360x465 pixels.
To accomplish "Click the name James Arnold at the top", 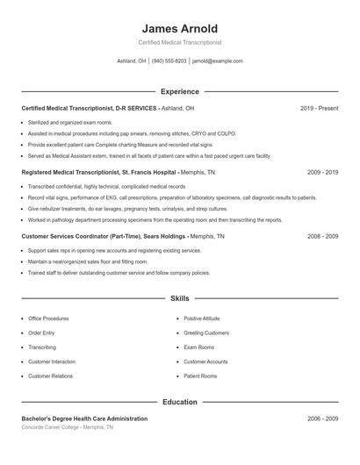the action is [x=179, y=28].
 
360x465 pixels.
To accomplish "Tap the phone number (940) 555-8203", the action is [x=169, y=61].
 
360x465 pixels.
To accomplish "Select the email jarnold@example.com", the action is [x=217, y=61].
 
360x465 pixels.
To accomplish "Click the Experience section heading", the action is [x=179, y=91].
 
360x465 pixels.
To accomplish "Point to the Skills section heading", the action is [x=179, y=299].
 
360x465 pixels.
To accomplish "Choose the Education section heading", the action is [x=179, y=403].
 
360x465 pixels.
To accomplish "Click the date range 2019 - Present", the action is [x=319, y=108].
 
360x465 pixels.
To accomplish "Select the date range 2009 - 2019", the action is [x=322, y=173].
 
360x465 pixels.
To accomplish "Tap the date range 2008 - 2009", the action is [x=322, y=237].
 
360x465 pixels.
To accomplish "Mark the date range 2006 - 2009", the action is [x=322, y=419].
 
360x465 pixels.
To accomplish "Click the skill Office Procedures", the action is [x=48, y=318].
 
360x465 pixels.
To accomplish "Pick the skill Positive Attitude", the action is [x=202, y=318].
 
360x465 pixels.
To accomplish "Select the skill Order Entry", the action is [x=41, y=333].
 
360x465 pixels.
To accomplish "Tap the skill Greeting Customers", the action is [x=206, y=333].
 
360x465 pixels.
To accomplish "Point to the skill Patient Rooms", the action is [x=200, y=376].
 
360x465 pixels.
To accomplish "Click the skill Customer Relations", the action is [x=51, y=376].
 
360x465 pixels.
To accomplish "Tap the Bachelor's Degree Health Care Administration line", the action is [x=84, y=419].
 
